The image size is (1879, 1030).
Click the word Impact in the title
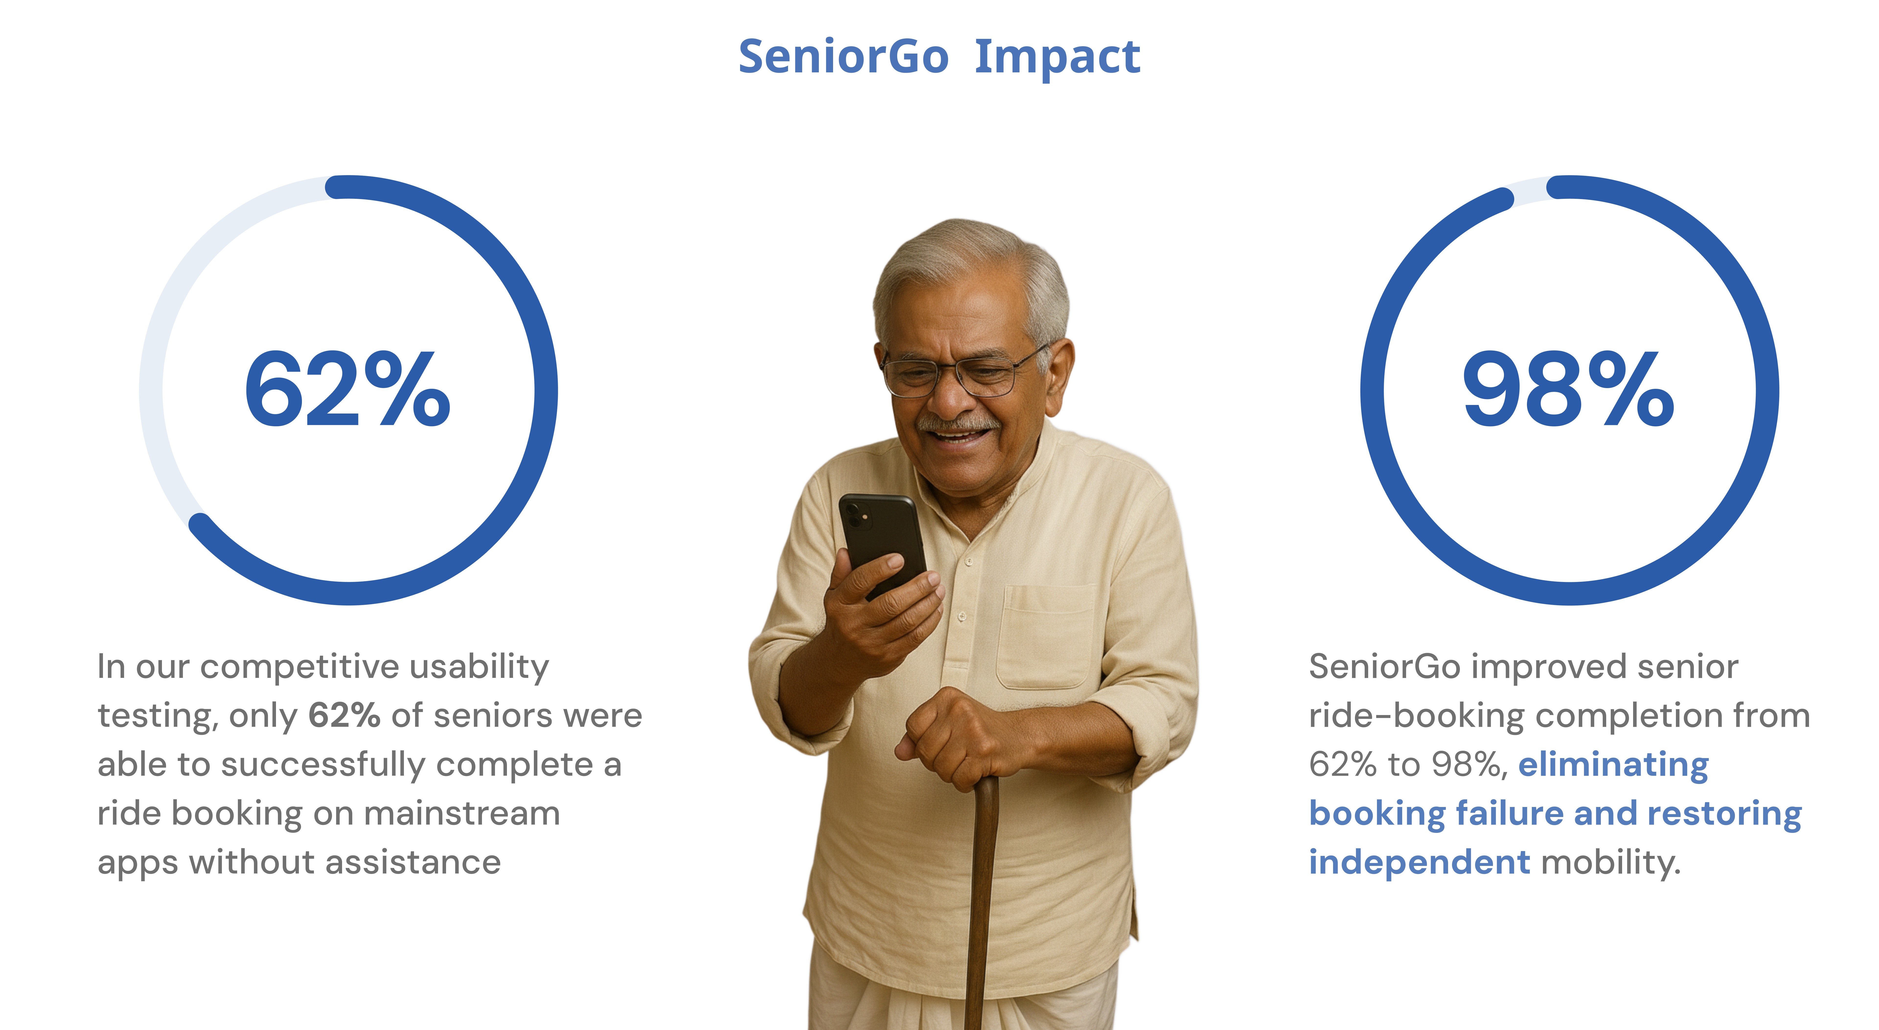pos(1057,57)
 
